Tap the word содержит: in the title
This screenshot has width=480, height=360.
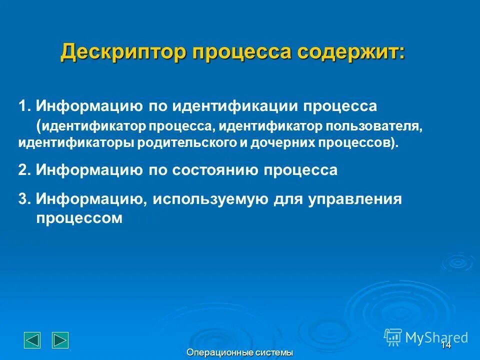[352, 52]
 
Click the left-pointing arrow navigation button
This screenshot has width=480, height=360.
[32, 340]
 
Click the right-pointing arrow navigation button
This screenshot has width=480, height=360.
[60, 340]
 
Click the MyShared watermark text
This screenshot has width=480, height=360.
[436, 337]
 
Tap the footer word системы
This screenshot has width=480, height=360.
[274, 353]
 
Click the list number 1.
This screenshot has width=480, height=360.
[23, 106]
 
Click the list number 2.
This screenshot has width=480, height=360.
[23, 170]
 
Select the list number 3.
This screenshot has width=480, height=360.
[23, 199]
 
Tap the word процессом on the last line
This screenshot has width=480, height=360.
[79, 218]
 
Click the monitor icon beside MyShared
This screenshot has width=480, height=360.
[393, 337]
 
